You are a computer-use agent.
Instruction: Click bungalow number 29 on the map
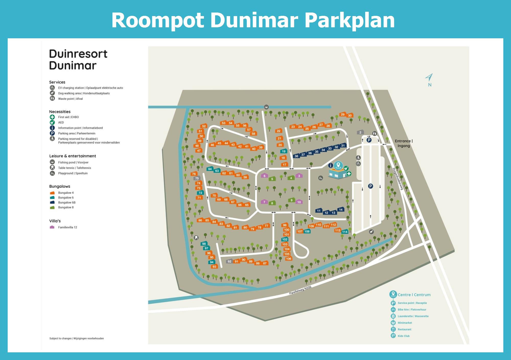pyautogui.click(x=343, y=115)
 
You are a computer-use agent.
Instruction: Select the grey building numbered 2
pyautogui.click(x=360, y=132)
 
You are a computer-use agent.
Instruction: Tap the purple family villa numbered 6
pyautogui.click(x=264, y=176)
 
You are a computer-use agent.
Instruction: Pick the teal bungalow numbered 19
pyautogui.click(x=284, y=151)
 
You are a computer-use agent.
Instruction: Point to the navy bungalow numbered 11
pyautogui.click(x=319, y=211)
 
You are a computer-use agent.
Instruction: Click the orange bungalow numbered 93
pyautogui.click(x=214, y=267)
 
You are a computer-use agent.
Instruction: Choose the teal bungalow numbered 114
pyautogui.click(x=345, y=232)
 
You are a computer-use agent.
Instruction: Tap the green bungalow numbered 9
pyautogui.click(x=292, y=200)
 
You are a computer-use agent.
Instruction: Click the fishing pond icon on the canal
pyautogui.click(x=266, y=107)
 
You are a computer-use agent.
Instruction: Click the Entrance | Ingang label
pyautogui.click(x=404, y=143)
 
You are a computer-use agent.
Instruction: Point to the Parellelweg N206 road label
pyautogui.click(x=300, y=290)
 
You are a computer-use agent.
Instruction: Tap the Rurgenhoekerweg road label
pyautogui.click(x=398, y=179)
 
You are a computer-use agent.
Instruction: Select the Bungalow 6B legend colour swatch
pyautogui.click(x=52, y=202)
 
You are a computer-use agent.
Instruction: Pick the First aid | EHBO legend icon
pyautogui.click(x=52, y=117)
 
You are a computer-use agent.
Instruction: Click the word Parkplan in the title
pyautogui.click(x=350, y=20)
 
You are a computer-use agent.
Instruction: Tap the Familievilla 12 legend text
pyautogui.click(x=67, y=227)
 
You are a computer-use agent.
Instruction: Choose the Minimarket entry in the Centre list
pyautogui.click(x=405, y=323)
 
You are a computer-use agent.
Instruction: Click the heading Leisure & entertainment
pyautogui.click(x=73, y=156)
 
